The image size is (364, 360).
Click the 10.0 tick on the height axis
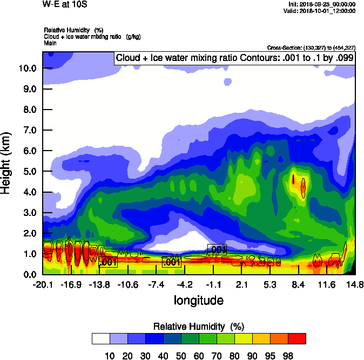point(28,68)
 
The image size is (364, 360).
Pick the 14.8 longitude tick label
point(355,284)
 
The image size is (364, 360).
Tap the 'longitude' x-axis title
point(198,300)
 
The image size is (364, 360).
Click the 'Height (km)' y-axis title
point(7,162)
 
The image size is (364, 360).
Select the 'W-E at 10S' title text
point(64,4)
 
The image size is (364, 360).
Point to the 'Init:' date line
point(322,4)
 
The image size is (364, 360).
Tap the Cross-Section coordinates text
point(311,48)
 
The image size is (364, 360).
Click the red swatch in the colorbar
point(296,339)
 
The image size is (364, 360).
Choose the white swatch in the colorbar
point(100,339)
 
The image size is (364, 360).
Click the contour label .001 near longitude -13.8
point(109,262)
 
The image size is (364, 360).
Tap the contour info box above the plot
point(234,58)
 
